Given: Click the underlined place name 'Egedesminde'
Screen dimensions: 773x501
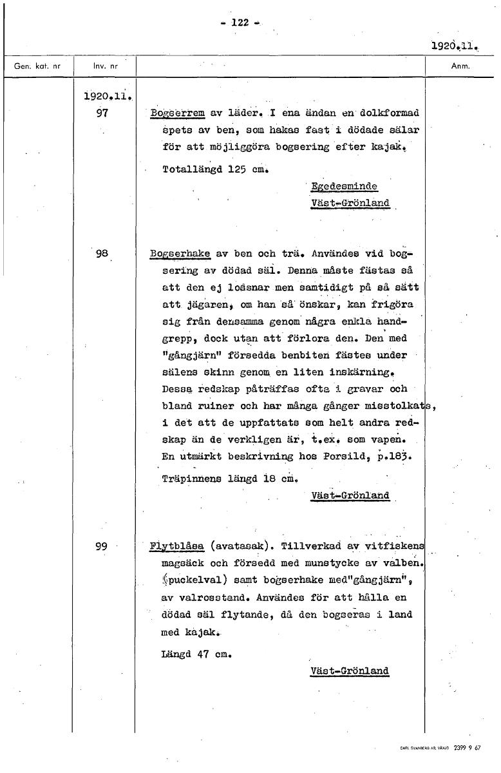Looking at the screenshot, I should point(343,187).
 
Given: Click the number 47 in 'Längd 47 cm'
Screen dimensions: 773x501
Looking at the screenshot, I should point(203,654).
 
